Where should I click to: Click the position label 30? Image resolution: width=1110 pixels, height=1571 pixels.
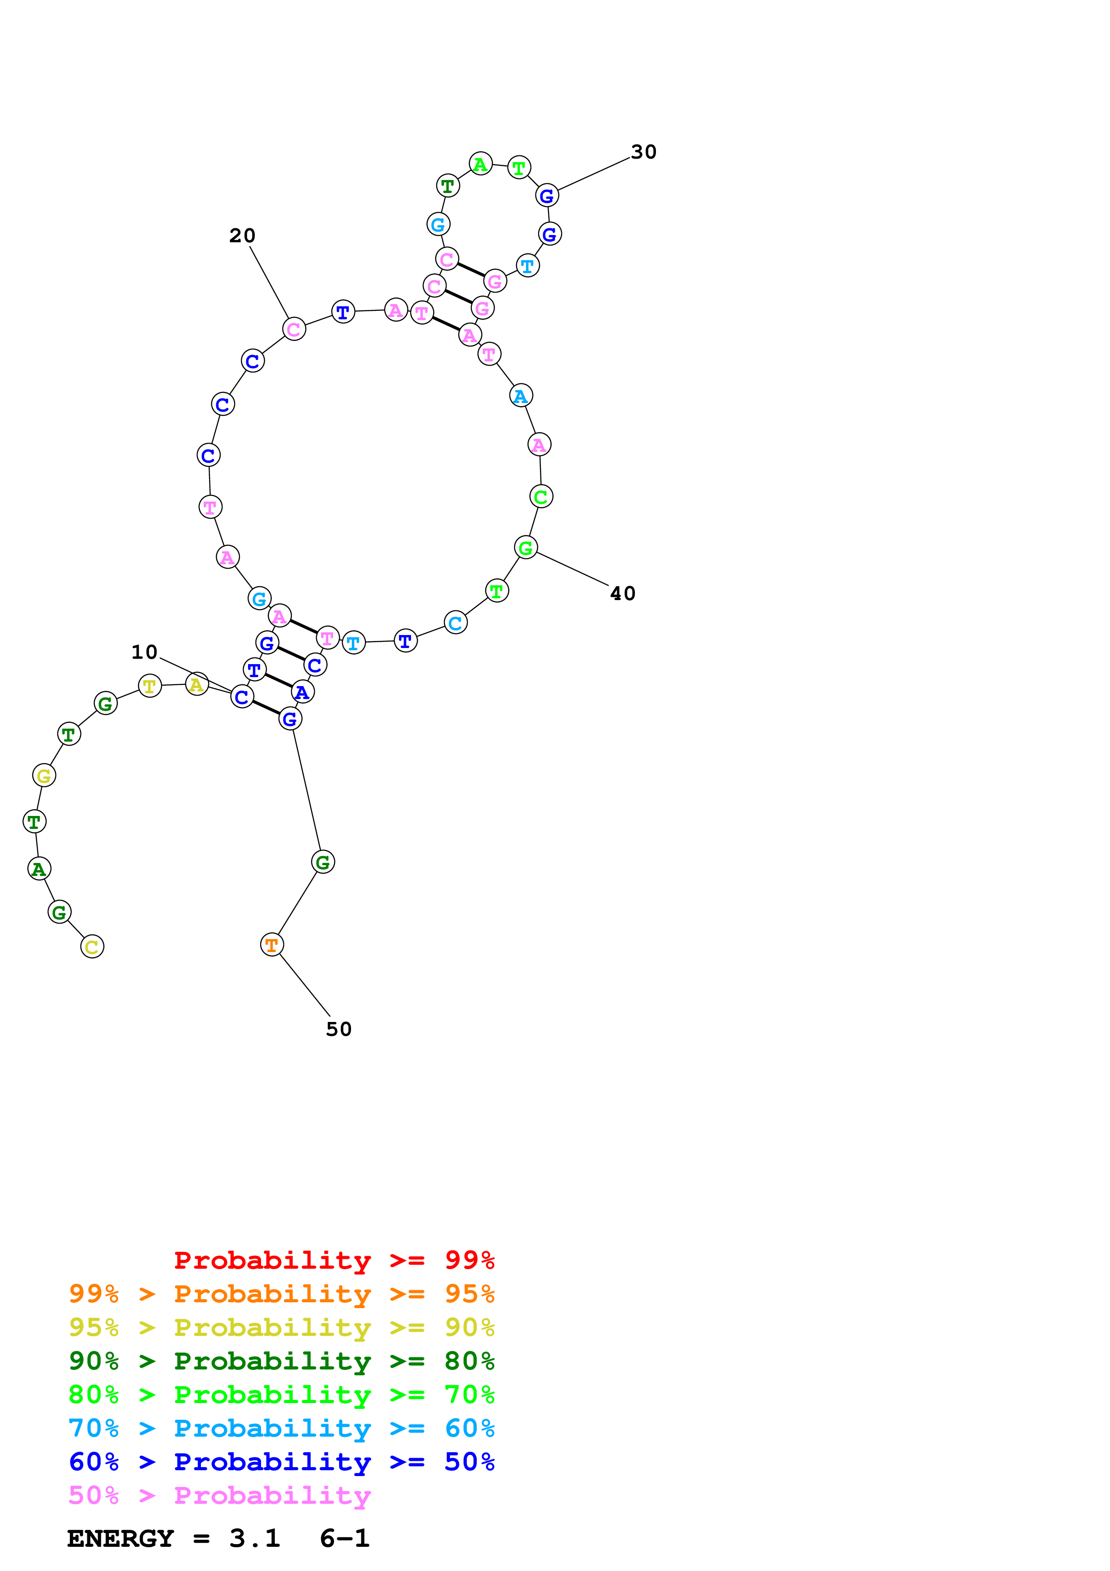(643, 152)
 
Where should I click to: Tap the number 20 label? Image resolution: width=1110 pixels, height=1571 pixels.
(242, 236)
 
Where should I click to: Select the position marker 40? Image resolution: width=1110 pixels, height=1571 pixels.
(622, 593)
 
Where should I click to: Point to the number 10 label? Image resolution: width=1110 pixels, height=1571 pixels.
(144, 652)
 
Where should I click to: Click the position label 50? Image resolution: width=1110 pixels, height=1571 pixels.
(339, 1029)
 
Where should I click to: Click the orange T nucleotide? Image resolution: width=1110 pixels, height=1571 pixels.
(271, 945)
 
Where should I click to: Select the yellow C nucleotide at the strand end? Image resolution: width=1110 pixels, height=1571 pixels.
(92, 947)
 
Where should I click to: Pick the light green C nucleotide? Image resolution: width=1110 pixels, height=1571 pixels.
(541, 497)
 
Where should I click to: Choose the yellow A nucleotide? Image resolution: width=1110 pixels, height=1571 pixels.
(196, 684)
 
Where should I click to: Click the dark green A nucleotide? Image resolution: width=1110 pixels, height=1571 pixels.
(39, 869)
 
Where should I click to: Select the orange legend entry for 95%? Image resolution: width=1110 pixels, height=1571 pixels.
(281, 1294)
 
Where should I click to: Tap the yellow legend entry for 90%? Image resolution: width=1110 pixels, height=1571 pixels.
(281, 1327)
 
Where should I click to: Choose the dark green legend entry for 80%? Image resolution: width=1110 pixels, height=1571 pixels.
(281, 1361)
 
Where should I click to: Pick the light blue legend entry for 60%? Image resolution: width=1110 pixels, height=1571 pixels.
(281, 1428)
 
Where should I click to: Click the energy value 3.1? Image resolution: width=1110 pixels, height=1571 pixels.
(254, 1538)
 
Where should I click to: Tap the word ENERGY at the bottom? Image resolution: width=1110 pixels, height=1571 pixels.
(120, 1538)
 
